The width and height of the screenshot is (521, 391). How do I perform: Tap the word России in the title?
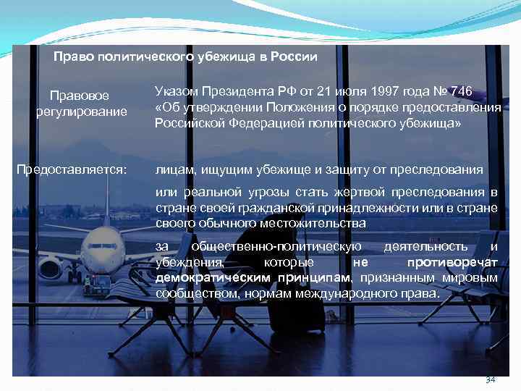click(294, 56)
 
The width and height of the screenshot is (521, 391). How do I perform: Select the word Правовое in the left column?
click(80, 96)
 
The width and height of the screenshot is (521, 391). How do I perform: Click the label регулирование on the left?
click(81, 111)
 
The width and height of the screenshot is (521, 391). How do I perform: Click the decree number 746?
click(460, 91)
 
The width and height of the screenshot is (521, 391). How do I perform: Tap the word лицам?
click(171, 170)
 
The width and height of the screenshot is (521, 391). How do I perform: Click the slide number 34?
click(490, 380)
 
